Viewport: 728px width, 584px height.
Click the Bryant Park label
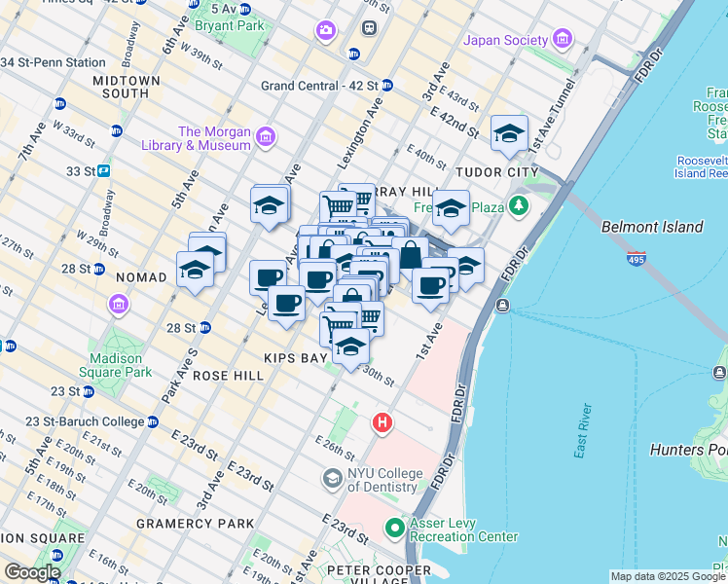pyautogui.click(x=223, y=26)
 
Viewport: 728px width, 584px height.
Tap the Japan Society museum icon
pyautogui.click(x=562, y=40)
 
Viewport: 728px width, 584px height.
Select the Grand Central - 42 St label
pyautogui.click(x=319, y=86)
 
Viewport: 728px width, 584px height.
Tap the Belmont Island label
pyautogui.click(x=652, y=227)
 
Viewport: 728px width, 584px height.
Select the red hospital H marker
pyautogui.click(x=383, y=423)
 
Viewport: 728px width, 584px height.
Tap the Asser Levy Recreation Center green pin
pyautogui.click(x=395, y=529)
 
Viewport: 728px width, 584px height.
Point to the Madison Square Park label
pyautogui.click(x=115, y=365)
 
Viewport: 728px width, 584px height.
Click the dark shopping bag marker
pyautogui.click(x=411, y=257)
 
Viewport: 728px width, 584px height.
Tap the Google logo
pyautogui.click(x=32, y=572)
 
